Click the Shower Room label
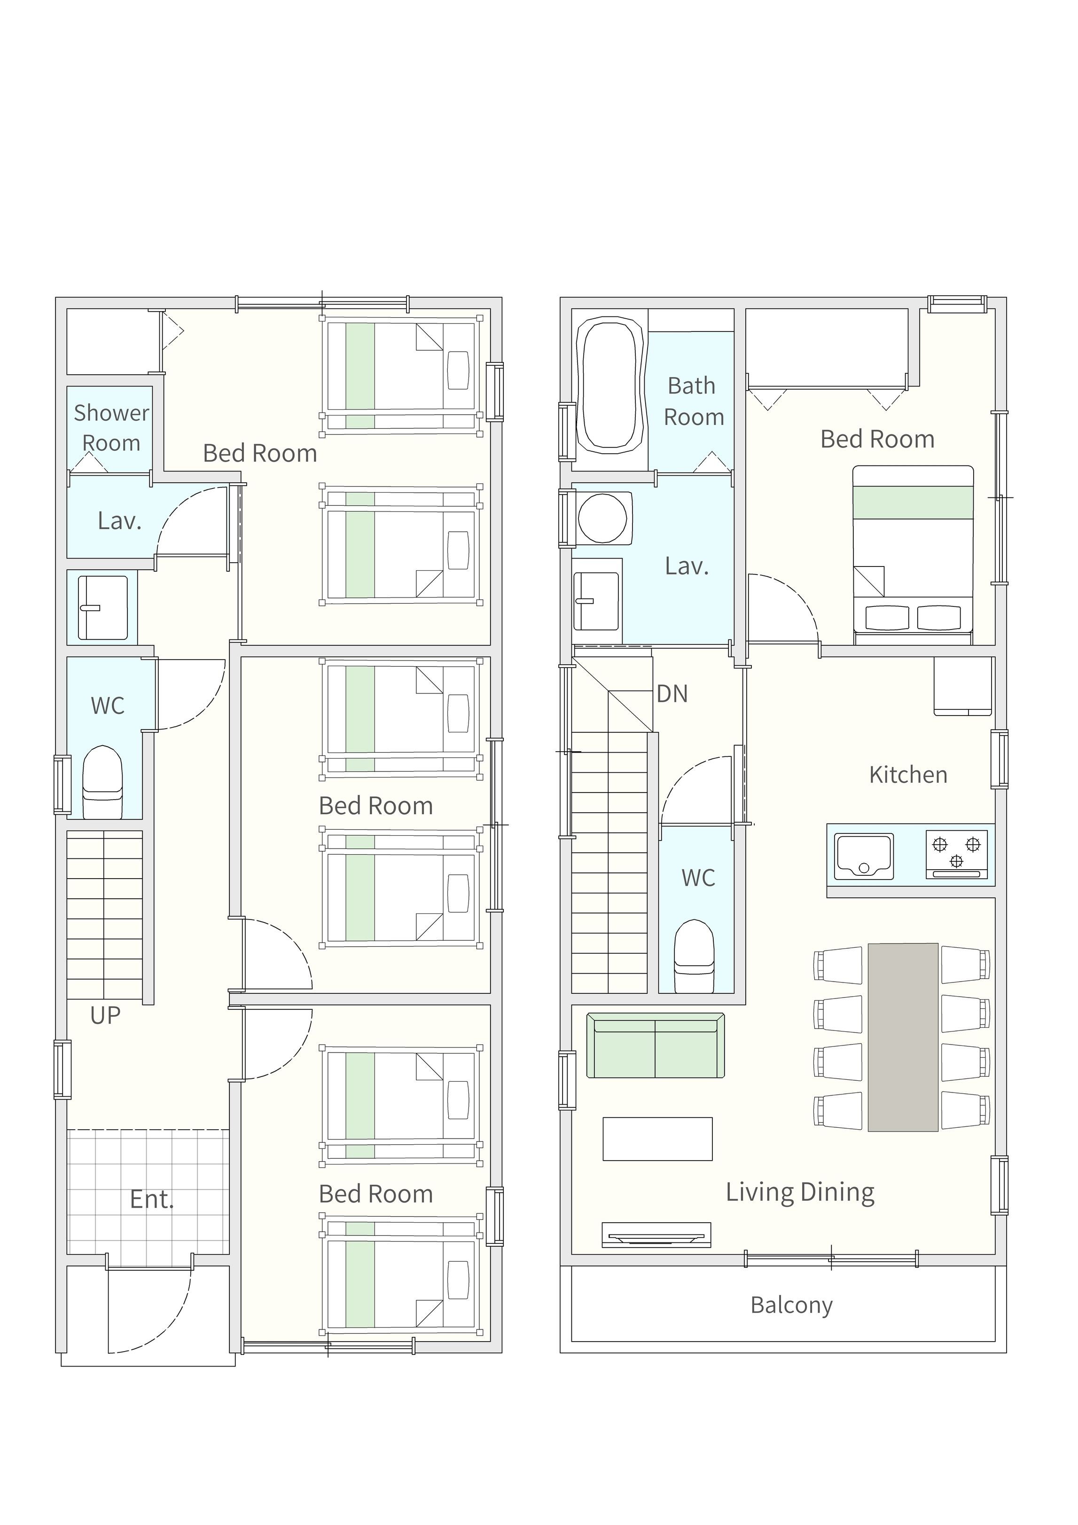111,428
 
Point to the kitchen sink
864,856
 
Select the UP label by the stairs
106,1015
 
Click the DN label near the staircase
672,693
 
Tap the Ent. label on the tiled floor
152,1200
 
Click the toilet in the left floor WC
102,782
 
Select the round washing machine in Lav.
603,518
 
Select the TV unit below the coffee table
656,1235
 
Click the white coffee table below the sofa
657,1139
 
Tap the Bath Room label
694,401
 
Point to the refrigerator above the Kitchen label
962,686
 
